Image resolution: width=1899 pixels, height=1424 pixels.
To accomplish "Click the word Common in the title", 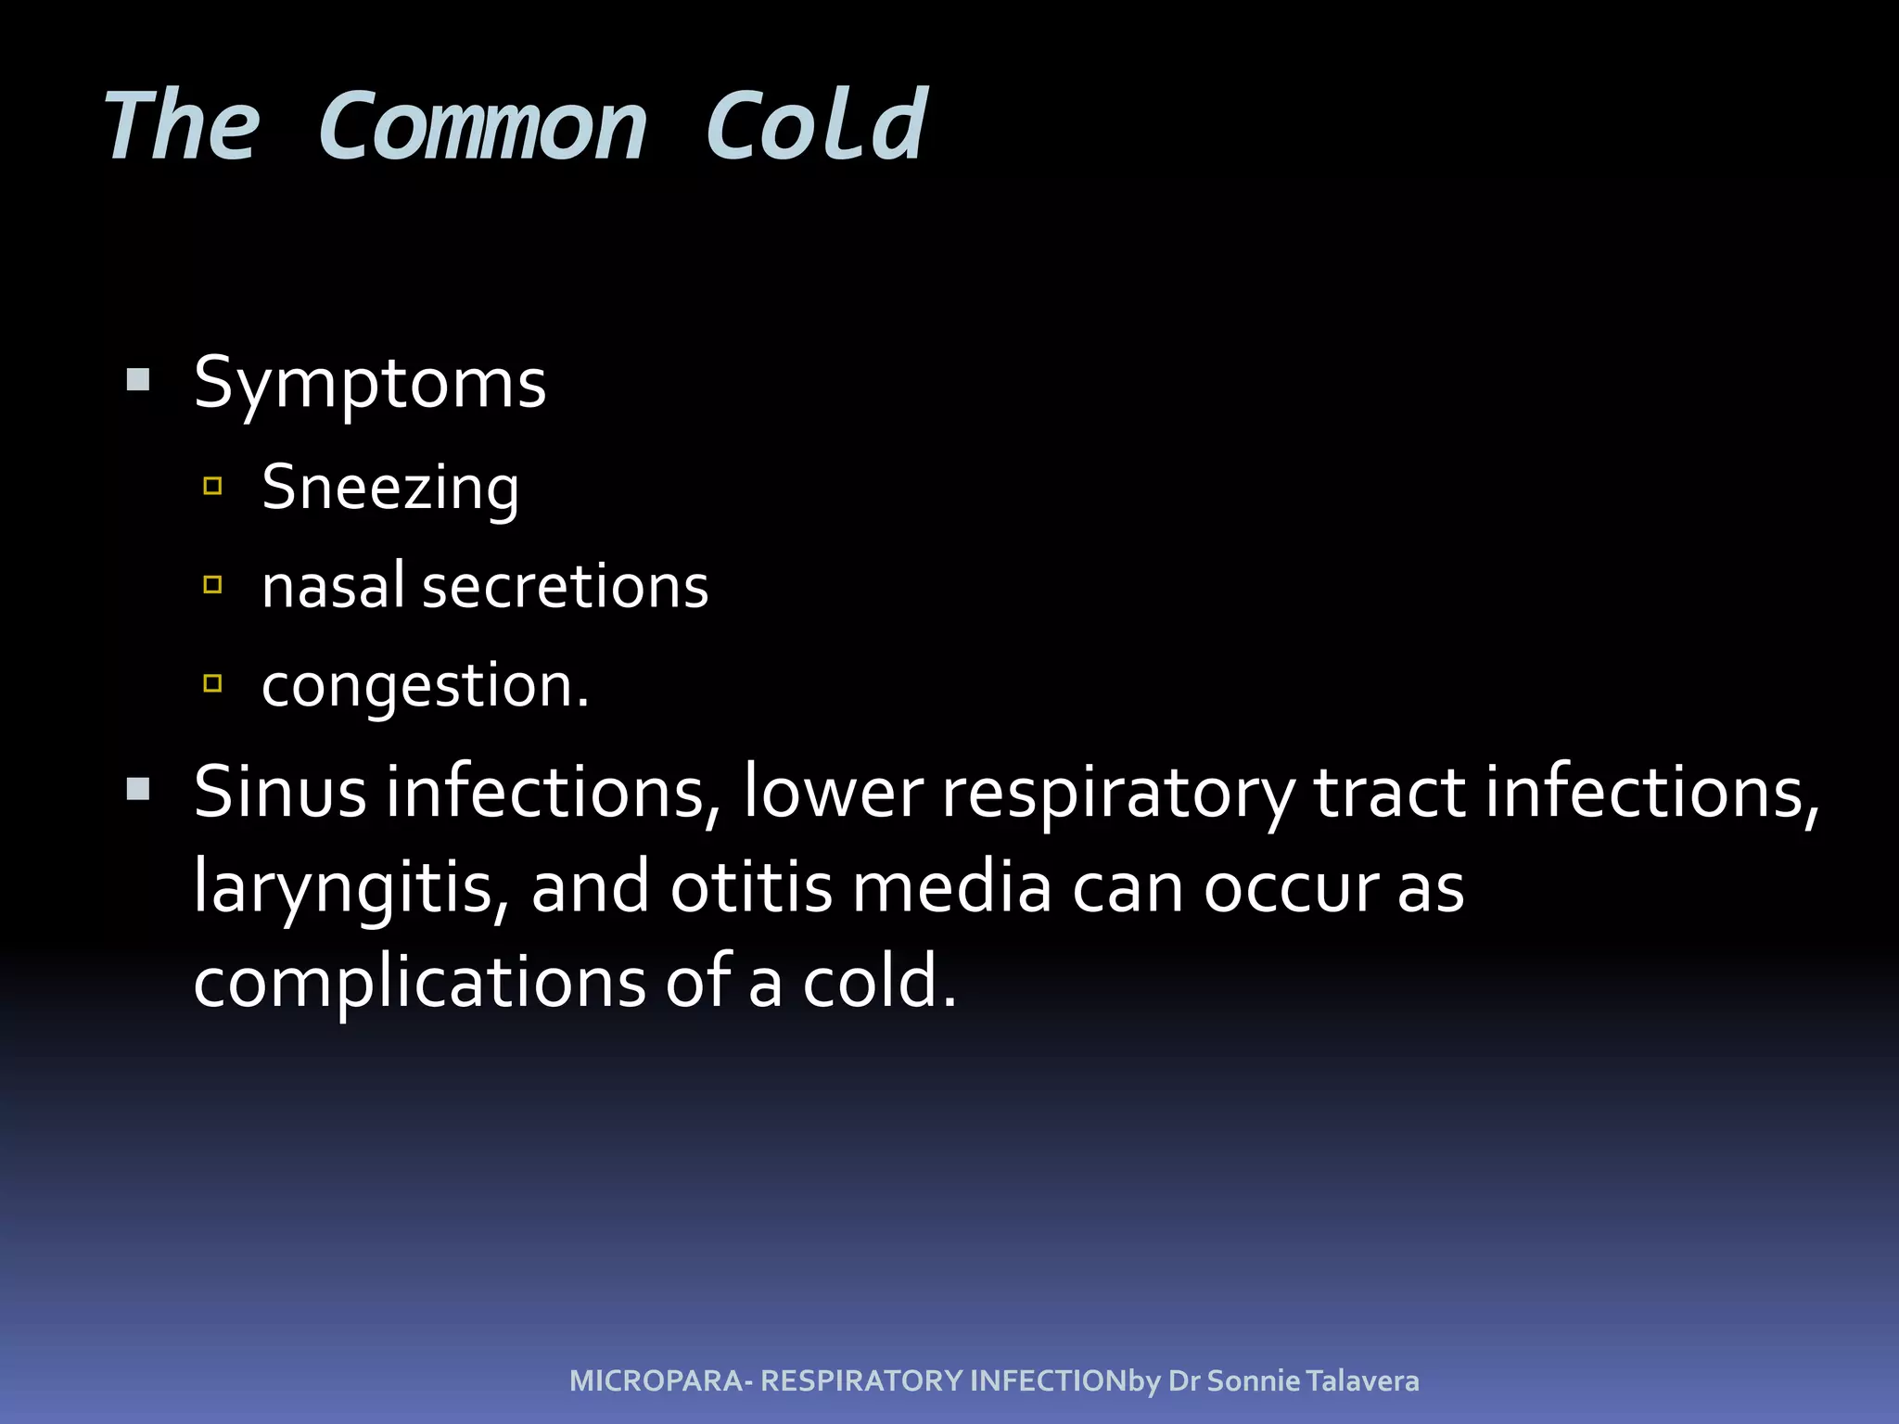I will point(481,127).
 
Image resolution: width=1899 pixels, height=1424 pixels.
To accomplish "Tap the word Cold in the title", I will point(816,127).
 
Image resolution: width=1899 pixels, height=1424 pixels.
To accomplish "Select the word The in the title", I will point(182,127).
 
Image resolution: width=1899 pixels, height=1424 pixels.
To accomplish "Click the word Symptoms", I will point(370,384).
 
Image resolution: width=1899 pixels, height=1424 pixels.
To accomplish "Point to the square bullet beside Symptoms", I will point(138,380).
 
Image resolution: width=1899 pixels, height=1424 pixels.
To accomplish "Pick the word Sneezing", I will point(390,488).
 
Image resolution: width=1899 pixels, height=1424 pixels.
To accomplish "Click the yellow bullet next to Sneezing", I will point(212,486).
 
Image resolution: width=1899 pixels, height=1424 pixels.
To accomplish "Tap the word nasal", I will point(334,586).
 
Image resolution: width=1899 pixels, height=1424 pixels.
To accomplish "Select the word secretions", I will point(566,588).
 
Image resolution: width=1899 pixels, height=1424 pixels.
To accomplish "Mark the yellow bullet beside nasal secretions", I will point(212,584).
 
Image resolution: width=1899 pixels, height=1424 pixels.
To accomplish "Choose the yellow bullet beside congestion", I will point(212,683).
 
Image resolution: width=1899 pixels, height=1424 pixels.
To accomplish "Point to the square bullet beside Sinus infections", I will point(138,790).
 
